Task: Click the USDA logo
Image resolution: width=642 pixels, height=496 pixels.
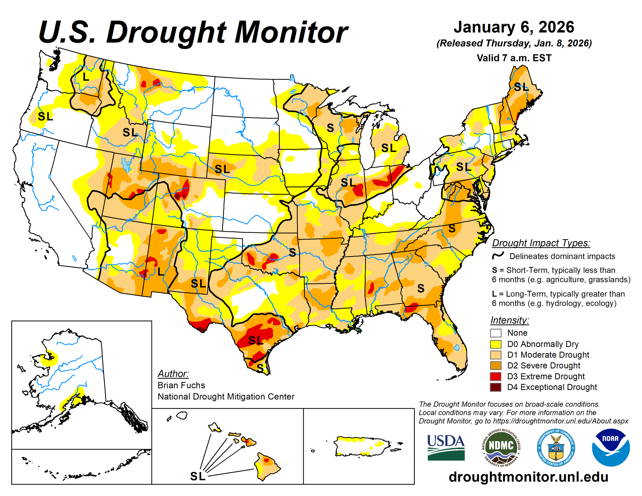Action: pyautogui.click(x=446, y=447)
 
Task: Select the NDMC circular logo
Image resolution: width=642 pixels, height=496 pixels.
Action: pyautogui.click(x=501, y=447)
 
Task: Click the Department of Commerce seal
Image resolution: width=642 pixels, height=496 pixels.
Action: pyautogui.click(x=555, y=447)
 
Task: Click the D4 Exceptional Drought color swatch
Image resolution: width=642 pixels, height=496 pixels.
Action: pyautogui.click(x=495, y=387)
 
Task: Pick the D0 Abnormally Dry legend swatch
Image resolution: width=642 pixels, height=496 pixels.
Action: pyautogui.click(x=495, y=344)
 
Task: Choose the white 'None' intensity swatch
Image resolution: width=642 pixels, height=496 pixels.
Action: pyautogui.click(x=495, y=333)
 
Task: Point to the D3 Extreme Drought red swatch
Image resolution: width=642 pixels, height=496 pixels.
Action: pyautogui.click(x=495, y=376)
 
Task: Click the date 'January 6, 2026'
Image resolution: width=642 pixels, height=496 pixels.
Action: pyautogui.click(x=514, y=27)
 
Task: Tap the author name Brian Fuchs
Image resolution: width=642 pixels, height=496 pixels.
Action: pyautogui.click(x=181, y=385)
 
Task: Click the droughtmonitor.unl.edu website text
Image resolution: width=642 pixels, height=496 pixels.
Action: pyautogui.click(x=528, y=477)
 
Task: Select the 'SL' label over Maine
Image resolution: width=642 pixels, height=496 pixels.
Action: pyautogui.click(x=521, y=87)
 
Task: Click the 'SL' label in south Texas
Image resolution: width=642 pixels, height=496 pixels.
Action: pyautogui.click(x=256, y=341)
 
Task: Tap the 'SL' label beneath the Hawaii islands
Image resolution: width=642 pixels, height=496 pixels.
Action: pyautogui.click(x=198, y=476)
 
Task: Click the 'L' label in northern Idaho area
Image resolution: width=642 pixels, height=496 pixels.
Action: pyautogui.click(x=86, y=77)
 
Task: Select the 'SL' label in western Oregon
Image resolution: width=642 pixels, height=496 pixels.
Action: pyautogui.click(x=45, y=116)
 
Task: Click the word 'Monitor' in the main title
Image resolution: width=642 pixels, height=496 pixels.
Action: pyautogui.click(x=291, y=32)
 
